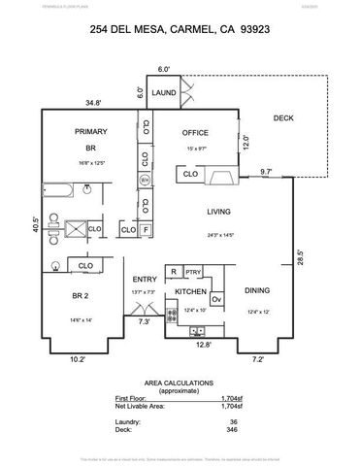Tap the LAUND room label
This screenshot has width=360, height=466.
pos(164,92)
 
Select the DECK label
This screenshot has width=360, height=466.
pos(282,118)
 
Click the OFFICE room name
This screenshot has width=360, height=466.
pos(197,131)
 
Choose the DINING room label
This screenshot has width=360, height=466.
pos(257,290)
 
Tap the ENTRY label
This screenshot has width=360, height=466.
pos(145,280)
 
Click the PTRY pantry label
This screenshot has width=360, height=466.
pos(193,273)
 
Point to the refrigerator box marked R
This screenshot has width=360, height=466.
pos(173,273)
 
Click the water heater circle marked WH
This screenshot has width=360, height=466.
pos(145,181)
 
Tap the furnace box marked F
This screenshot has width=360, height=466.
pos(146,230)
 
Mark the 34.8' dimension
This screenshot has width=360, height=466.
pos(93,101)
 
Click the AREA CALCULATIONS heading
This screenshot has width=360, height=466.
pos(180,383)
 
